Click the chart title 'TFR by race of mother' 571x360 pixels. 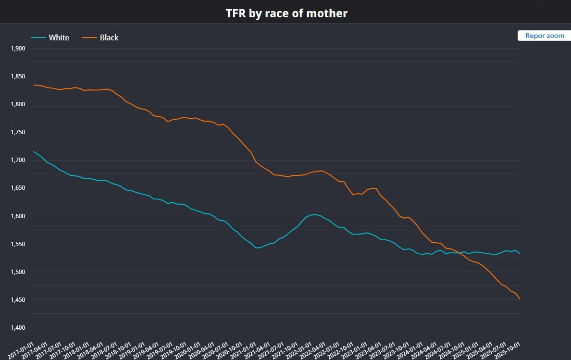click(x=286, y=13)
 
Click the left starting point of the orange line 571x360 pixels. click(x=34, y=85)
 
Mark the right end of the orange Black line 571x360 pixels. click(x=520, y=299)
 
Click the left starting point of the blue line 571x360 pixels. click(x=34, y=151)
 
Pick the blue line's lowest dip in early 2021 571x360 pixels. click(x=256, y=248)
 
